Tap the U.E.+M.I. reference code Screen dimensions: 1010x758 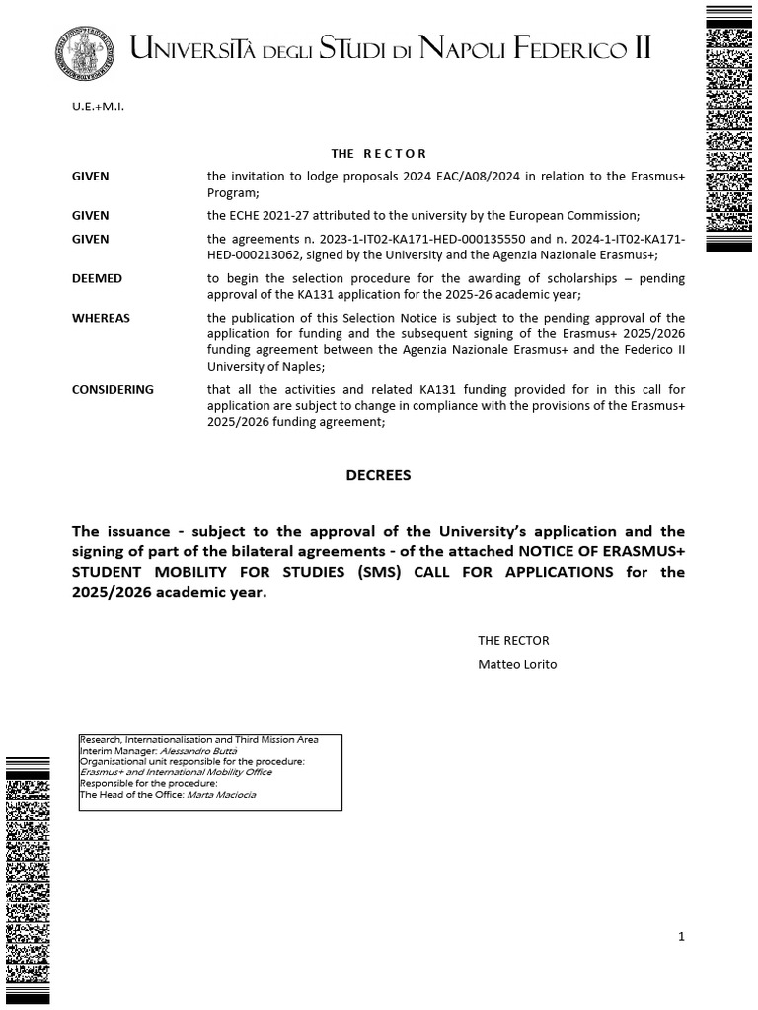point(98,106)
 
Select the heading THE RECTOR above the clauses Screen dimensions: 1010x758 point(379,154)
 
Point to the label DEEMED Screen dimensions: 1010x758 point(97,278)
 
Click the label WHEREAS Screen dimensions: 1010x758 point(101,318)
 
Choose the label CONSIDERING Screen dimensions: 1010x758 point(113,389)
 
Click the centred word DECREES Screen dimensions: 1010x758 point(378,475)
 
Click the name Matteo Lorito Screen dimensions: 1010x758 point(517,664)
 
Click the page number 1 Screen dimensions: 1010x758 point(681,936)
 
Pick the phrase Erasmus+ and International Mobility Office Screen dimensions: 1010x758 point(176,772)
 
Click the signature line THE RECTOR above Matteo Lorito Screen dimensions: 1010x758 point(513,640)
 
